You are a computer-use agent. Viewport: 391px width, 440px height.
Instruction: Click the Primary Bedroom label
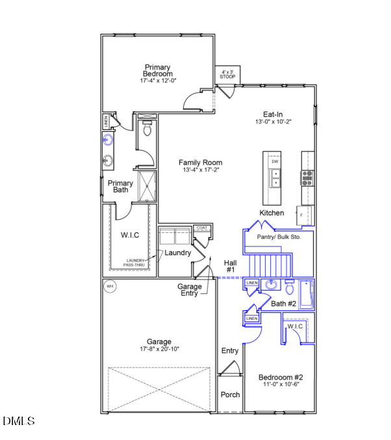(157, 71)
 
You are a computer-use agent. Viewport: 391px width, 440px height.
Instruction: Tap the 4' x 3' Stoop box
(228, 75)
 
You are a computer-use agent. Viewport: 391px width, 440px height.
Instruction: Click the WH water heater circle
(110, 286)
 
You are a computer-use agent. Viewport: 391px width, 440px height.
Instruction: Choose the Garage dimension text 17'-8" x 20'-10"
(158, 349)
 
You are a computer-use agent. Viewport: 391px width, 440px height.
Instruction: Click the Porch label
(231, 395)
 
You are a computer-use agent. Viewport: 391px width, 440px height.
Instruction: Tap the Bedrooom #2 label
(281, 377)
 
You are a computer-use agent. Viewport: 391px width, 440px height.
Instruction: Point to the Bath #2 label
(284, 304)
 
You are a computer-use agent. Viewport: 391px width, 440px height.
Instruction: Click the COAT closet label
(201, 228)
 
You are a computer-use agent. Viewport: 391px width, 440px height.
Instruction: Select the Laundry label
(177, 252)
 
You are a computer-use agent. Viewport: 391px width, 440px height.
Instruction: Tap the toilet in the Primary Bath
(147, 130)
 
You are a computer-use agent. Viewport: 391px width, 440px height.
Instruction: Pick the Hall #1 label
(231, 265)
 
